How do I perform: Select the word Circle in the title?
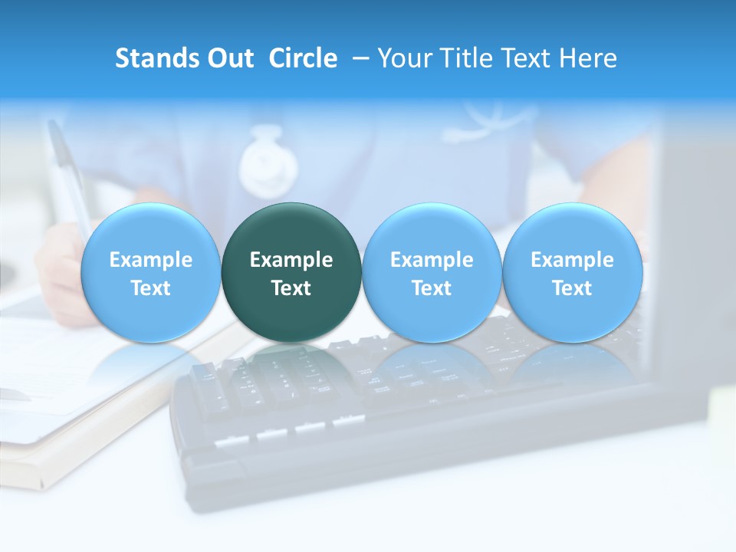(x=303, y=58)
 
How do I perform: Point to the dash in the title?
(x=360, y=58)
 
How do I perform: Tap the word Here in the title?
(x=587, y=58)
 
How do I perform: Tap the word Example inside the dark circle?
(x=291, y=260)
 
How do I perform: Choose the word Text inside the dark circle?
(x=291, y=288)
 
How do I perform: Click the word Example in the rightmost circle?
(x=573, y=260)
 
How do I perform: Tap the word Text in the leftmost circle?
(x=150, y=288)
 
